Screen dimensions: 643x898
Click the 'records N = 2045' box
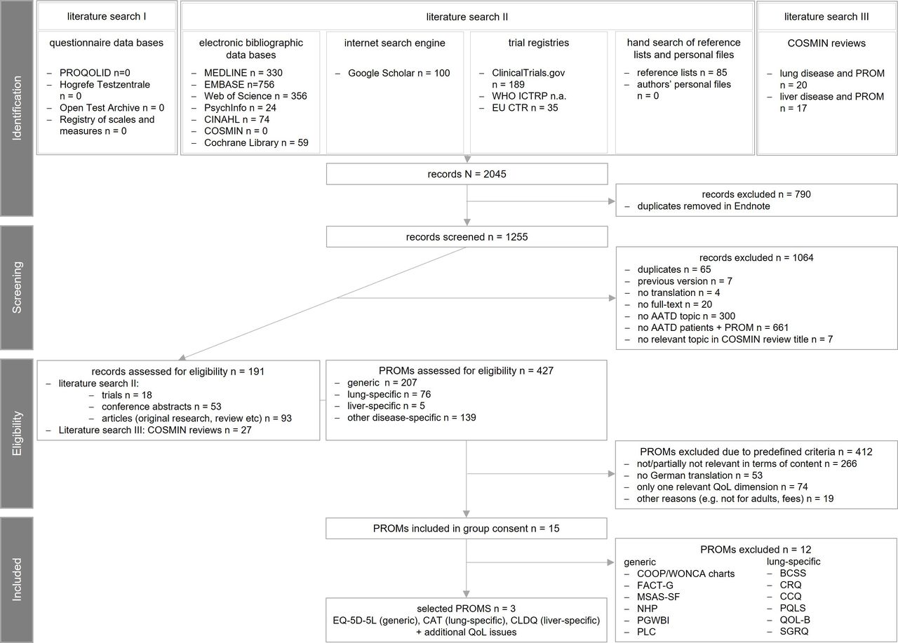(x=467, y=173)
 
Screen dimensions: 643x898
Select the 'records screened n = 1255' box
(x=467, y=237)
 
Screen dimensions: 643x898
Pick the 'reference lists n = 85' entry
(x=679, y=73)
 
